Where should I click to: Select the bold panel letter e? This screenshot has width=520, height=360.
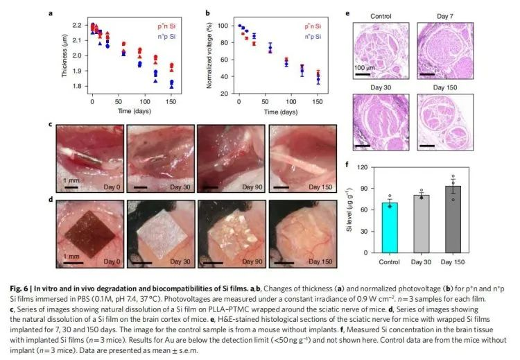[347, 13]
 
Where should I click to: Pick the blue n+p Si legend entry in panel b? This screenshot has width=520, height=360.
[305, 33]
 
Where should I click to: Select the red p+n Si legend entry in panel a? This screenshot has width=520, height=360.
[167, 26]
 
